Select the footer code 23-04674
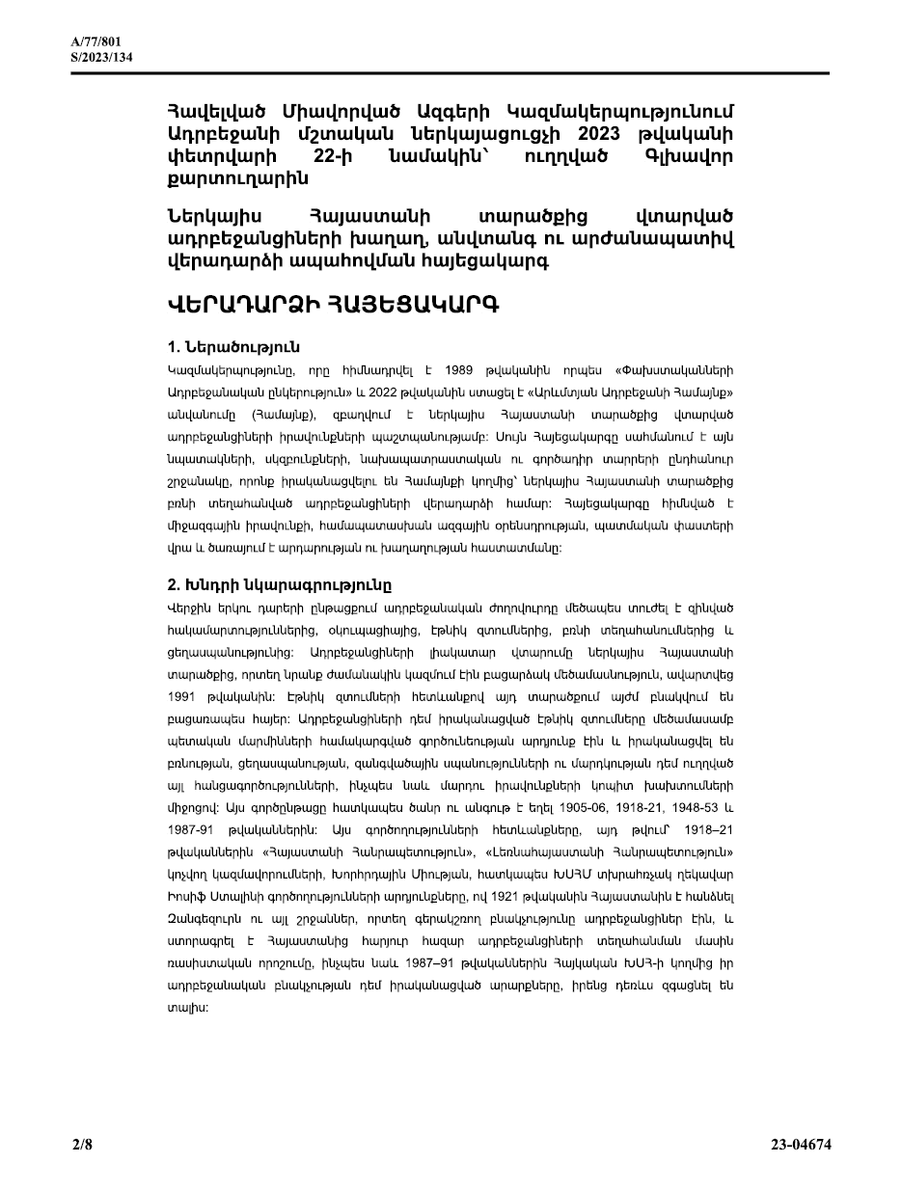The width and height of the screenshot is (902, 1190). pyautogui.click(x=801, y=1146)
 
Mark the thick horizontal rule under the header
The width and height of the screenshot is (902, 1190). pyautogui.click(x=451, y=73)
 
